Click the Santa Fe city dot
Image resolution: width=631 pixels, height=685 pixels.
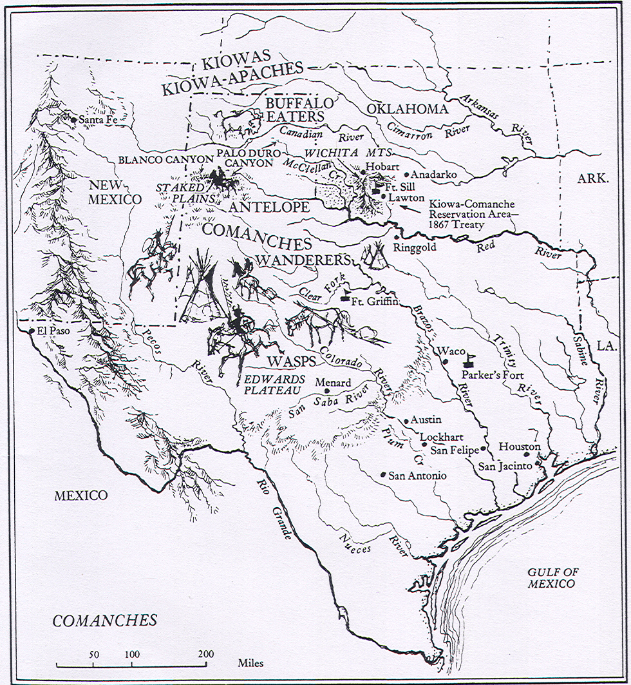(74, 120)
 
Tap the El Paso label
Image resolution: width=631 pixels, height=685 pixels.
(52, 332)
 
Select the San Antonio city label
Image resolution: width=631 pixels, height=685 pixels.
(417, 476)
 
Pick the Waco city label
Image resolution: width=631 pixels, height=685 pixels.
(450, 351)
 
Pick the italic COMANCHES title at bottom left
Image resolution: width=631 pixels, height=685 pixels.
(105, 621)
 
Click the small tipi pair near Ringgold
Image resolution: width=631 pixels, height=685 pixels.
(373, 257)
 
